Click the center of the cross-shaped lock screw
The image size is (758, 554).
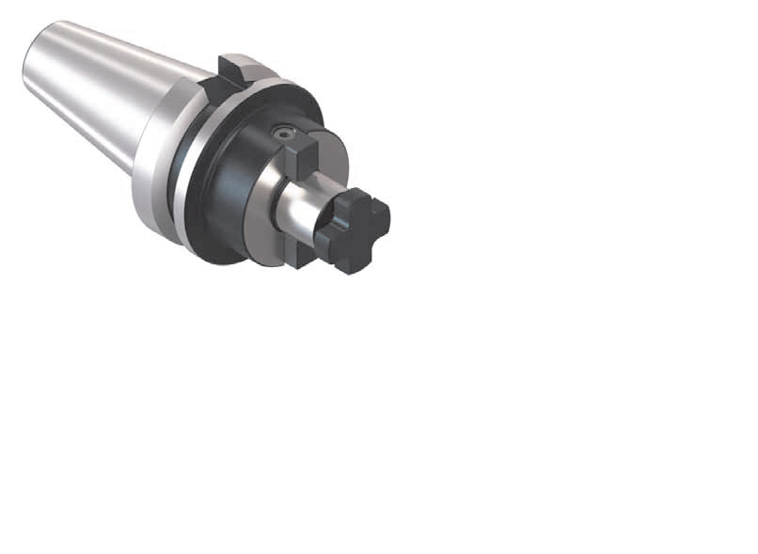coord(354,230)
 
